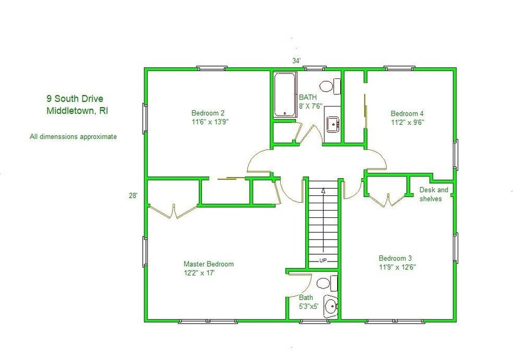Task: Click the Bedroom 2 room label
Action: coord(208,113)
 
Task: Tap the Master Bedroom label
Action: coord(209,264)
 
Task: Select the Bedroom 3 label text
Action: coord(395,258)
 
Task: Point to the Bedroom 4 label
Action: coord(407,113)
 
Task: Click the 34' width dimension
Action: coord(297,61)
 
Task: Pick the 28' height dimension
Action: coord(133,196)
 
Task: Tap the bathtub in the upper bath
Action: coord(285,95)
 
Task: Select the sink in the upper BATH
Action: coord(333,124)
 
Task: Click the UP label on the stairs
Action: coord(323,261)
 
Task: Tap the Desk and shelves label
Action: coord(434,194)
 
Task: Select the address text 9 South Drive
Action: coord(75,99)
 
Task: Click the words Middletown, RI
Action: coord(77,110)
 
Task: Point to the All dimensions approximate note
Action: coord(73,137)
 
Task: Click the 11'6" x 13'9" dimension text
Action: coord(210,122)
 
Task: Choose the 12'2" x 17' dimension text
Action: coord(199,272)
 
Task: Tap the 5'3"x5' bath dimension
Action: coord(308,307)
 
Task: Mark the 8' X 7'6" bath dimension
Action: coord(311,106)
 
